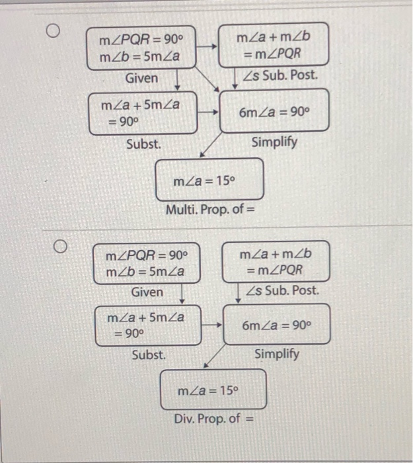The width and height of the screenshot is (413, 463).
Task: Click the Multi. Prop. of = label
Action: click(210, 211)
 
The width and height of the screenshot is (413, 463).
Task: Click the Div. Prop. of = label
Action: click(213, 419)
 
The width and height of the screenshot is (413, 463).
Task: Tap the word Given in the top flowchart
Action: click(141, 78)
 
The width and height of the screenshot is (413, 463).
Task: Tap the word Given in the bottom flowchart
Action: click(147, 292)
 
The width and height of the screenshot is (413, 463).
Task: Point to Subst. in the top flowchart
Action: click(143, 143)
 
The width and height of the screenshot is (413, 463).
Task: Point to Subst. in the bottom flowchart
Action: click(149, 355)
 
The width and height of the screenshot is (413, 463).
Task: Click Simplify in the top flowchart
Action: click(274, 142)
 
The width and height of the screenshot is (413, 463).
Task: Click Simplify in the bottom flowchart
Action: click(277, 354)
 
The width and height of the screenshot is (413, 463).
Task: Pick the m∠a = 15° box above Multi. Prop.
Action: click(209, 180)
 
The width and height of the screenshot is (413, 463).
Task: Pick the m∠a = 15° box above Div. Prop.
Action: click(213, 389)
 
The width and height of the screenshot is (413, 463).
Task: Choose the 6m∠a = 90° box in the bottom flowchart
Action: click(276, 324)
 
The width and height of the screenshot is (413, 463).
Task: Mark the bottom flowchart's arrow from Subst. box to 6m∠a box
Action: click(211, 325)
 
